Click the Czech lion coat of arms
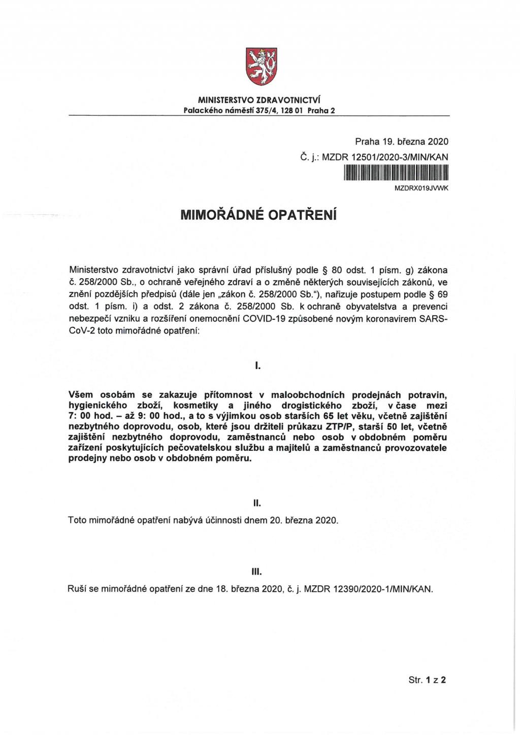tap(259, 66)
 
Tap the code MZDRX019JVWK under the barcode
tap(421, 188)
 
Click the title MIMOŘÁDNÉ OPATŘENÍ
tap(259, 216)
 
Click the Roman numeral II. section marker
tap(257, 503)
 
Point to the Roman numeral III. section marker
tap(257, 572)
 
